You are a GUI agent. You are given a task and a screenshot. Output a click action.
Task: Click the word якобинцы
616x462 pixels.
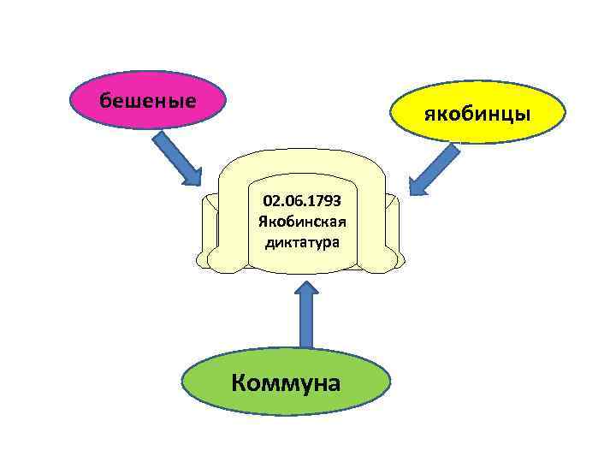click(x=478, y=115)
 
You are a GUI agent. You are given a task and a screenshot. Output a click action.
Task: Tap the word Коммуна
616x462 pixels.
click(x=286, y=382)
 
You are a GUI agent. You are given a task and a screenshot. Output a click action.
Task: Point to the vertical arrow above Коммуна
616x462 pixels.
click(x=305, y=317)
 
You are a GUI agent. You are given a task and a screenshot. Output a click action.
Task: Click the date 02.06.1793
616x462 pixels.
click(x=303, y=201)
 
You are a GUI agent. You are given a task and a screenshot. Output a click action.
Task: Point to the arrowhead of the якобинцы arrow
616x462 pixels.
click(x=418, y=185)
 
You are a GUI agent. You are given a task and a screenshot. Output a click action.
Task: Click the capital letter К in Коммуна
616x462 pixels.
click(x=240, y=382)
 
